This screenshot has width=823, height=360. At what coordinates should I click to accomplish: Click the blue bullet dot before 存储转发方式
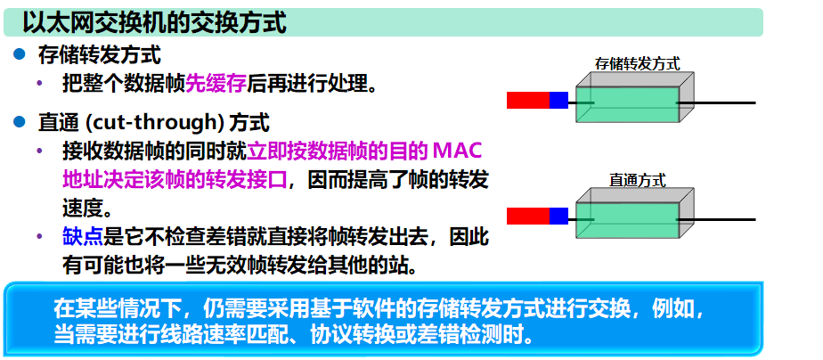click(19, 55)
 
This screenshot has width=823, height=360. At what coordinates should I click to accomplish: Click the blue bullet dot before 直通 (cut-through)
click(19, 120)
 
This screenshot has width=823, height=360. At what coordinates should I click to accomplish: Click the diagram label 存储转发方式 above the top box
click(637, 63)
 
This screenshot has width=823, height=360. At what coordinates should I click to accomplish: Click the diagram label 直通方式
click(637, 179)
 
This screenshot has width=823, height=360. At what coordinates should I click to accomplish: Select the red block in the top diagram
click(527, 100)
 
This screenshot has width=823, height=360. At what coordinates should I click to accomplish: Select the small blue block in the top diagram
click(558, 100)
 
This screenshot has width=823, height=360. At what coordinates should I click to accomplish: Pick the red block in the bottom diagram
click(527, 216)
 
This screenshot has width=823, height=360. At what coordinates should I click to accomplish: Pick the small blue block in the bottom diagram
click(558, 216)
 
